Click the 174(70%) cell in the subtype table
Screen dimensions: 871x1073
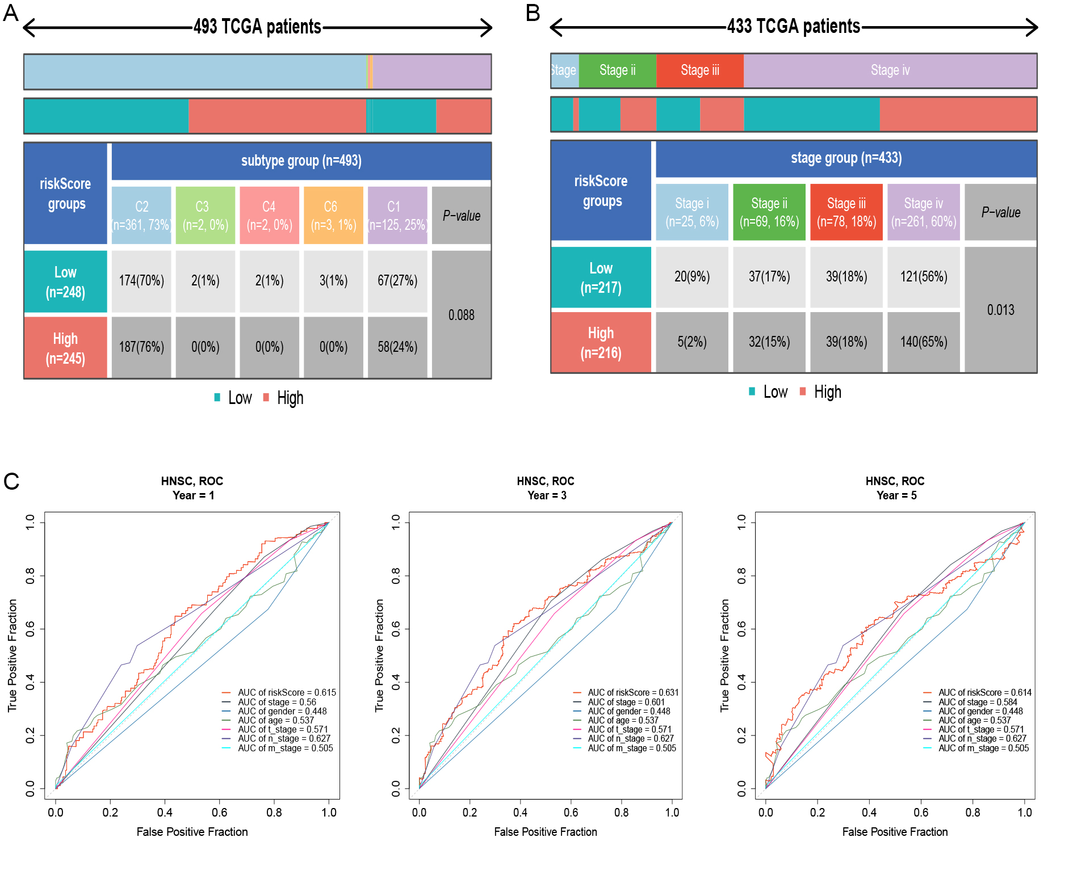point(141,281)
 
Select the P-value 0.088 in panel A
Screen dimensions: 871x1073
point(461,315)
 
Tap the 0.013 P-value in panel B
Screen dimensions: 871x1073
point(1000,310)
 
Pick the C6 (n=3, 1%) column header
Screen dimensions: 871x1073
point(333,216)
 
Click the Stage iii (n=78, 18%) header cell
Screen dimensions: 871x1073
point(846,212)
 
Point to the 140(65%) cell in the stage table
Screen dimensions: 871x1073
point(923,342)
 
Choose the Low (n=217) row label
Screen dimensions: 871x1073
point(601,277)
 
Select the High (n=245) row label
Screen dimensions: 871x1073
point(65,348)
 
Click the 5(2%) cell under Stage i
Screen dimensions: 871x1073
point(691,342)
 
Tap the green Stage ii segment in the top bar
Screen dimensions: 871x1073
point(617,70)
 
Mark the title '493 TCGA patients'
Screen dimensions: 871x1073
point(257,27)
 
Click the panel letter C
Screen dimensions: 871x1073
point(11,481)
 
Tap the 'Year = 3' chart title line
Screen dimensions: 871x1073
point(547,495)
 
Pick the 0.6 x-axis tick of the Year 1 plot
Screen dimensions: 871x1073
point(219,813)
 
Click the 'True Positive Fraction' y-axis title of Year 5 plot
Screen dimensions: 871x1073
point(724,655)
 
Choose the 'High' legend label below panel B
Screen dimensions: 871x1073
point(827,392)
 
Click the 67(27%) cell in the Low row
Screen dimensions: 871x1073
point(397,281)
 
